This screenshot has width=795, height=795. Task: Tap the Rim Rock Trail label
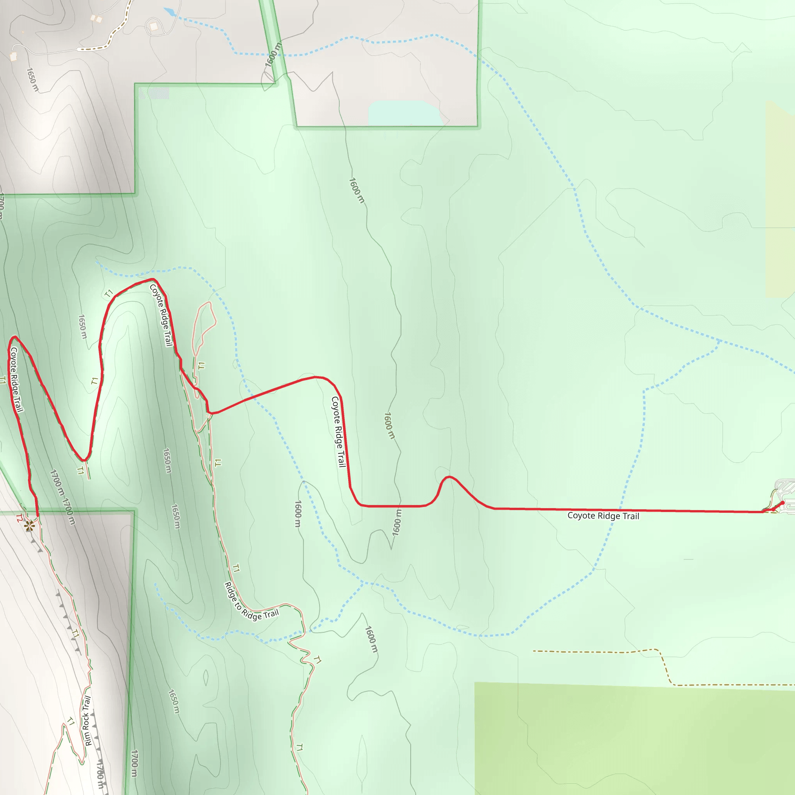(x=87, y=720)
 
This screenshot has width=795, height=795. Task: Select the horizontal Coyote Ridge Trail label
(x=603, y=516)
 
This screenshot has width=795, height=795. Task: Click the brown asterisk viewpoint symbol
(x=29, y=526)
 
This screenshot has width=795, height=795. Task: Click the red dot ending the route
(x=782, y=503)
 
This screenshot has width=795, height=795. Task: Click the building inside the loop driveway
(x=153, y=27)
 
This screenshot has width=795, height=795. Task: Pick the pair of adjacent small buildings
(x=96, y=19)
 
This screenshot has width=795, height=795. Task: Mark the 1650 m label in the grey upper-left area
(x=33, y=80)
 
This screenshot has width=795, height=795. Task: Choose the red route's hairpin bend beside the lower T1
(x=83, y=460)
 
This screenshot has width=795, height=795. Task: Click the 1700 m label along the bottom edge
(x=134, y=763)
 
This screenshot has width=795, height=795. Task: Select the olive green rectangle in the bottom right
(x=634, y=741)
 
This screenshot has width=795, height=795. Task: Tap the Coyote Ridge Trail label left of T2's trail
(x=16, y=379)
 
